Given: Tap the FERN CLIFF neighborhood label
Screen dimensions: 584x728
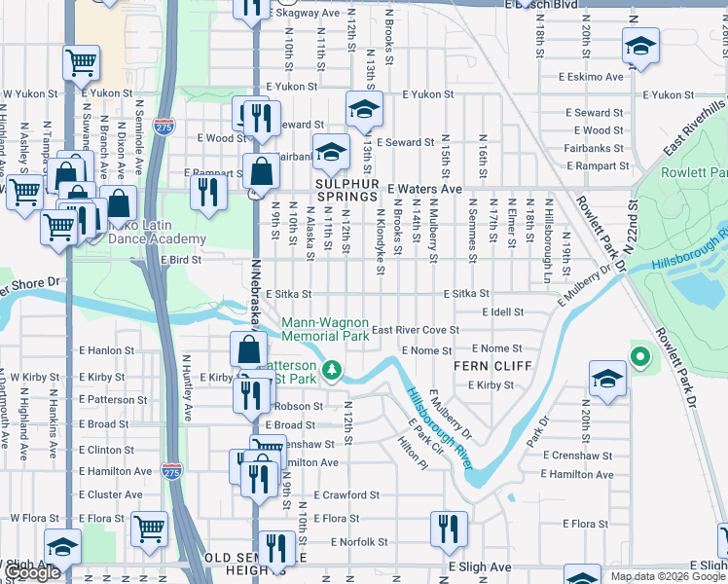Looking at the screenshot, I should pyautogui.click(x=492, y=366).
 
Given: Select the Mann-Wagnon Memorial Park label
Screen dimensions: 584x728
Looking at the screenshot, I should pyautogui.click(x=325, y=329).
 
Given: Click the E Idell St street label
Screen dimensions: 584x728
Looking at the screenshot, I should pyautogui.click(x=503, y=312).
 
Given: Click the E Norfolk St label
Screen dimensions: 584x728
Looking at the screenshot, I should pyautogui.click(x=359, y=542).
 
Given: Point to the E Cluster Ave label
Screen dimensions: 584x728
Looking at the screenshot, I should pyautogui.click(x=110, y=494).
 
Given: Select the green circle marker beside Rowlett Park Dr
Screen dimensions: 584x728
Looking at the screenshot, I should pyautogui.click(x=639, y=358).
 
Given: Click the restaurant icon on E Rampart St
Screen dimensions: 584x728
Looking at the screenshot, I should pyautogui.click(x=206, y=191).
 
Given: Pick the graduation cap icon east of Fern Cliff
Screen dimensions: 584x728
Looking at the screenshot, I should pyautogui.click(x=607, y=379).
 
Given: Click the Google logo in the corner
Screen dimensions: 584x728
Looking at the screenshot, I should pyautogui.click(x=32, y=573).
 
